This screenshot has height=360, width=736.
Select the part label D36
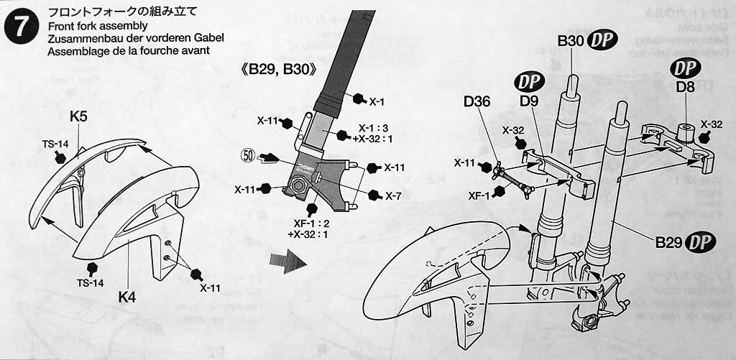click(x=477, y=101)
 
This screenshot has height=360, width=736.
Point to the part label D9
click(x=529, y=103)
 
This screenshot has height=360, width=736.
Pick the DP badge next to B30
click(x=602, y=41)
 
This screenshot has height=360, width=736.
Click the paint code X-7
click(x=393, y=195)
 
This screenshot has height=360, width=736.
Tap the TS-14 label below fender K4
click(x=91, y=283)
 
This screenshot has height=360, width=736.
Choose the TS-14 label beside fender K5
click(x=55, y=143)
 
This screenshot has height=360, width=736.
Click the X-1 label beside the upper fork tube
click(x=377, y=101)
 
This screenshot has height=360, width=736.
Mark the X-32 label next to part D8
click(x=711, y=124)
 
